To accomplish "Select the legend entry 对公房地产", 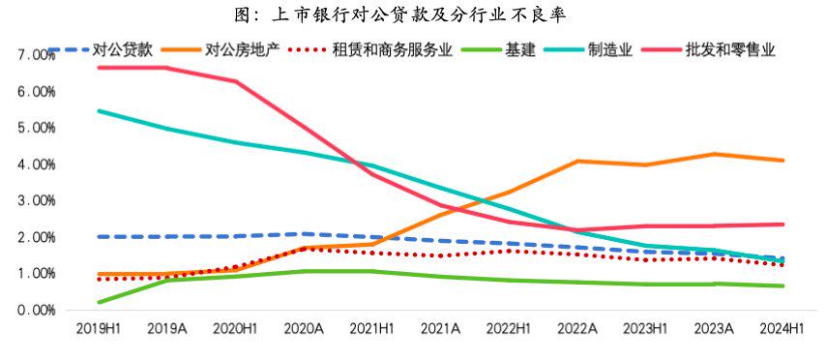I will tap(242, 48).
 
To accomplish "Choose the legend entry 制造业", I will tap(610, 48).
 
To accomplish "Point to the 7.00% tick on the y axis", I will tap(36, 55).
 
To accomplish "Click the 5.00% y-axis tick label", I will tap(36, 128).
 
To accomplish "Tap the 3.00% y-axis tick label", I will tap(36, 201).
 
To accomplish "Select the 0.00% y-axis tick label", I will tap(36, 311).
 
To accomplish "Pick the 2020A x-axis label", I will tap(303, 330).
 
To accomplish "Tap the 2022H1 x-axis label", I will tap(508, 330).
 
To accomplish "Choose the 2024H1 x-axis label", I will tap(782, 330).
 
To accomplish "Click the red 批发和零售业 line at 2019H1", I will tap(100, 67).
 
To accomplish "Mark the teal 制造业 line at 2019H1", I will tap(100, 111).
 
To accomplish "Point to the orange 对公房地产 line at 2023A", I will tap(713, 154).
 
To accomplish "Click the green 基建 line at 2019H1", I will tap(100, 302).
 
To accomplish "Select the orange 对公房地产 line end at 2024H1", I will tap(782, 161).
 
